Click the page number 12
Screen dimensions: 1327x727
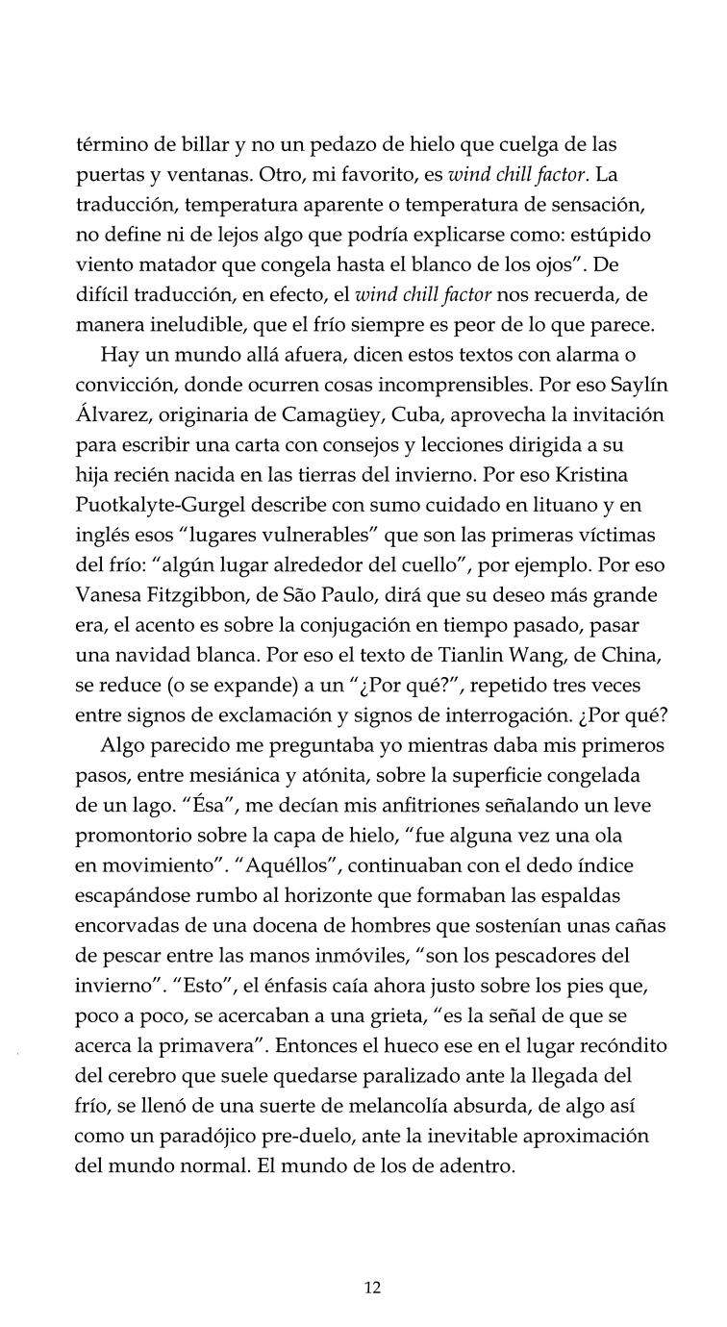(x=373, y=1288)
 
